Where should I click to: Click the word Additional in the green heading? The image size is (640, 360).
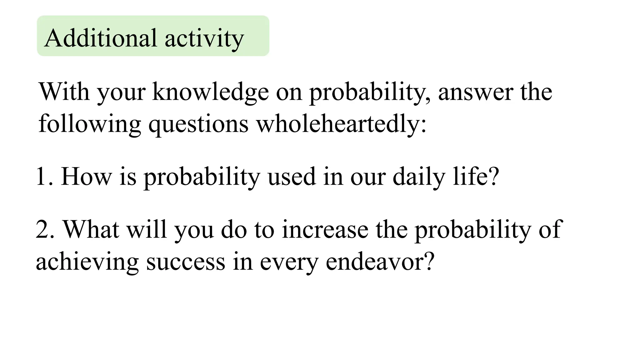[100, 38]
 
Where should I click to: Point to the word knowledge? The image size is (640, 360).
[210, 92]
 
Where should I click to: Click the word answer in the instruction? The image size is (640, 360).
[475, 92]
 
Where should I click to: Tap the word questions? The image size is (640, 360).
[198, 124]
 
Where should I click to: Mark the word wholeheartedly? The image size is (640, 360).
[341, 124]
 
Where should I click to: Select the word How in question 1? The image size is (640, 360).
[86, 177]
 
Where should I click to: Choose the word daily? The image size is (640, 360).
[418, 177]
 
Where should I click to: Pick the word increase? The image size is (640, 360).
[325, 230]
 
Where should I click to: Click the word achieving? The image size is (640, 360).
[87, 262]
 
